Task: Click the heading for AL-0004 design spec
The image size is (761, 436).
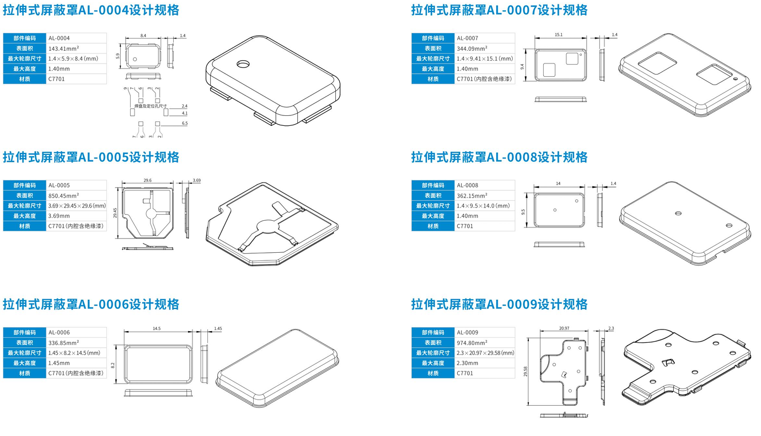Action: tap(91, 10)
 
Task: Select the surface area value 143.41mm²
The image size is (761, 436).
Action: tap(63, 49)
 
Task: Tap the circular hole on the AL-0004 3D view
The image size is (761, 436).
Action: tap(243, 65)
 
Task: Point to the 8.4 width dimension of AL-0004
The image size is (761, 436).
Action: tap(143, 35)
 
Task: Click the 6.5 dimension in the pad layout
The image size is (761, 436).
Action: tap(184, 123)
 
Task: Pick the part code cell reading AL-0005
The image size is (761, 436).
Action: tap(59, 185)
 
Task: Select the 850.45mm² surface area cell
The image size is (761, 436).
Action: tap(63, 195)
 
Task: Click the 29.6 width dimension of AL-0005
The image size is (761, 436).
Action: tap(147, 180)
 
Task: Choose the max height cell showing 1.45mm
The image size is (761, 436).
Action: tap(59, 363)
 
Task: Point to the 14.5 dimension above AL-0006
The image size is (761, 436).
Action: tap(157, 328)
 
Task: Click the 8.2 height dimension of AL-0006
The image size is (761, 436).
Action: tap(112, 364)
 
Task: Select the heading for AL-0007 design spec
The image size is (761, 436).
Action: tap(499, 10)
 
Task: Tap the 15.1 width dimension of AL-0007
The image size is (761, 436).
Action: tap(558, 35)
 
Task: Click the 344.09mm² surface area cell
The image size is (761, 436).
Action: tap(472, 49)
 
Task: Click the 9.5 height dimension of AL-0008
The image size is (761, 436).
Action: tap(523, 211)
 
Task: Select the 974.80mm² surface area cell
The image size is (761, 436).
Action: tap(472, 343)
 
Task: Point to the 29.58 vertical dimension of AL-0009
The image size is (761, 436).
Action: tap(526, 371)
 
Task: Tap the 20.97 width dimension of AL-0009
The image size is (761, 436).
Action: tap(564, 328)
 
